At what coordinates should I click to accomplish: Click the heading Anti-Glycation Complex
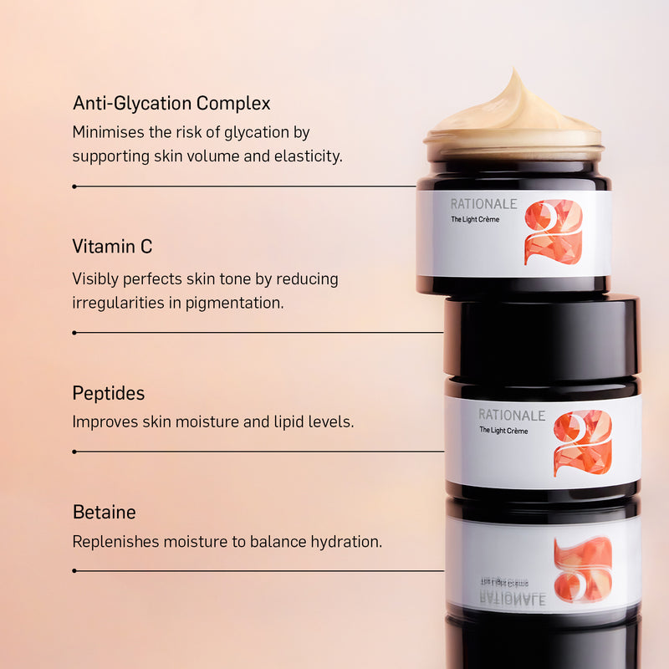(x=171, y=104)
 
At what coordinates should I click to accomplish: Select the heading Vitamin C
(x=112, y=247)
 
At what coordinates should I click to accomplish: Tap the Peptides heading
(x=108, y=393)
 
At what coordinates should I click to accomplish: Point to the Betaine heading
(x=104, y=512)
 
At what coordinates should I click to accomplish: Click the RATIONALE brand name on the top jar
(x=483, y=204)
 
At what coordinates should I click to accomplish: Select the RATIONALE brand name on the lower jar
(x=512, y=416)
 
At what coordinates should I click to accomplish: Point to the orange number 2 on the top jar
(x=553, y=232)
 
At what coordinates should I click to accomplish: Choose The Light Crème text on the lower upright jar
(x=503, y=431)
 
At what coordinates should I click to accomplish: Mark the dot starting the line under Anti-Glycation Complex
(x=74, y=186)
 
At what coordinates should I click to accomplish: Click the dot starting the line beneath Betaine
(x=74, y=571)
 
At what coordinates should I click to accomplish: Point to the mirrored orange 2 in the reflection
(x=582, y=569)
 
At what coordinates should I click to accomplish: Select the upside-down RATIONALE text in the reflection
(x=512, y=599)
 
